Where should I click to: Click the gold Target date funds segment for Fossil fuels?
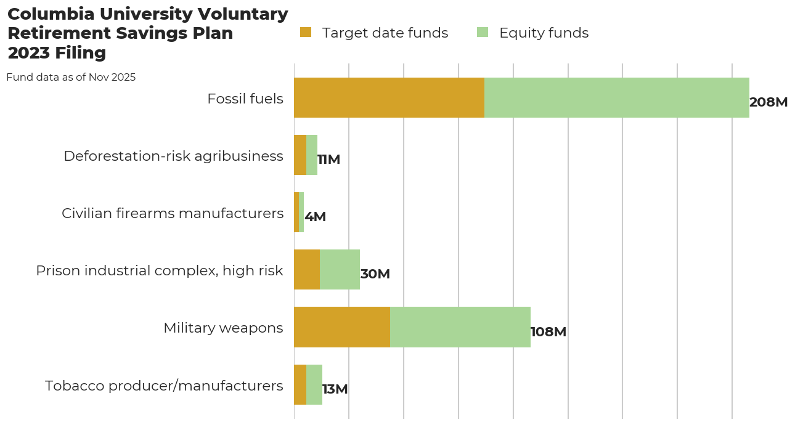pos(389,97)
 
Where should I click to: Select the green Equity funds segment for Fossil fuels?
pos(616,97)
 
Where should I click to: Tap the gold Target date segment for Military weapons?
pos(342,327)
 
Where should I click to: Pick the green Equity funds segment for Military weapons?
pos(460,327)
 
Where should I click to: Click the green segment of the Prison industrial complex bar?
pos(340,270)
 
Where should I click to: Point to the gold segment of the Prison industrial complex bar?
pos(307,270)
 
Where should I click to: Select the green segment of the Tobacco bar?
pos(314,384)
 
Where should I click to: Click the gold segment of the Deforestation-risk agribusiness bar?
pos(300,155)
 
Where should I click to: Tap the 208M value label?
pos(768,102)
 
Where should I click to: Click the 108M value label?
pos(548,332)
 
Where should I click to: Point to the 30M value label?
pos(375,274)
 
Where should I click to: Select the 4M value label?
pos(315,217)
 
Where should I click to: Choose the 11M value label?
pos(328,160)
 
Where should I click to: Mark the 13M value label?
pos(335,389)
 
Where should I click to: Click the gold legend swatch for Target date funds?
pos(306,32)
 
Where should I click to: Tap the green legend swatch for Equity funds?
pos(483,32)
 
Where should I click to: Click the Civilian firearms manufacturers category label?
pos(173,213)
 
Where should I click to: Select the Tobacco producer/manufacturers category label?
pos(164,386)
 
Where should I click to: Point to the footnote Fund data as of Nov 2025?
pos(71,77)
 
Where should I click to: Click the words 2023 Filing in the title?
pos(57,53)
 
